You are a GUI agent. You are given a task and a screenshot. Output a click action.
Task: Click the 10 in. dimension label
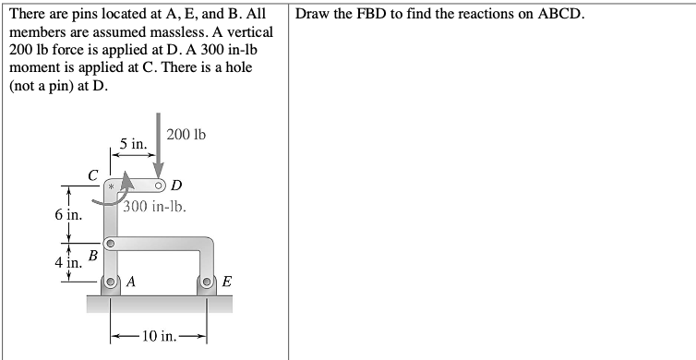(159, 333)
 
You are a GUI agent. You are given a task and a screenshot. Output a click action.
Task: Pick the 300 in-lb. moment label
(156, 206)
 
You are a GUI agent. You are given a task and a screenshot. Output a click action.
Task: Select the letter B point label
(92, 249)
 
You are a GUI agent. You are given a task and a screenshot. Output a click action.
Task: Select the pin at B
(109, 245)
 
